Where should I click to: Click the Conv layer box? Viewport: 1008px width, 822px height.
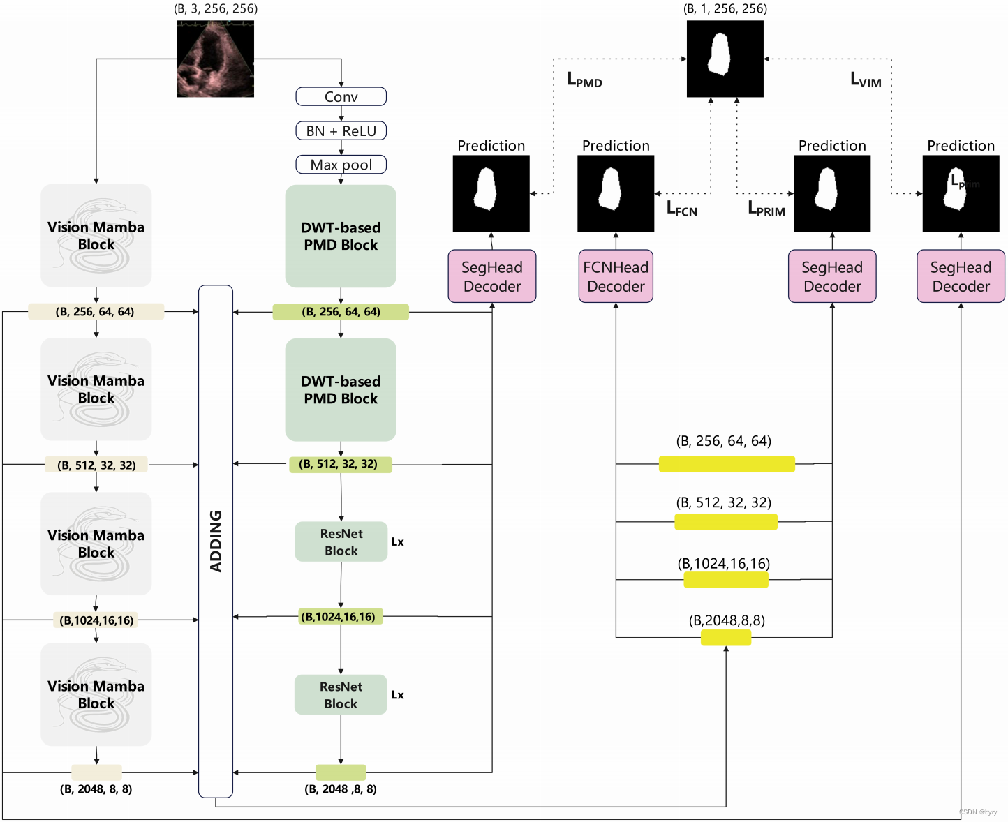click(341, 96)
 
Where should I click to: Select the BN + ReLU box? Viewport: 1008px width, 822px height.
click(341, 130)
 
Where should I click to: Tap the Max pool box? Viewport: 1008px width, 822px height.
click(341, 165)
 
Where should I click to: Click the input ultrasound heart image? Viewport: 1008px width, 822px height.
click(215, 59)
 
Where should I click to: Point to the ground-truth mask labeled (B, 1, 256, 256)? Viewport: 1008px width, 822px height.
click(725, 59)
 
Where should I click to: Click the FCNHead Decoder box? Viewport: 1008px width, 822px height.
click(616, 276)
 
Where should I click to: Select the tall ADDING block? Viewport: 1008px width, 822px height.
click(216, 541)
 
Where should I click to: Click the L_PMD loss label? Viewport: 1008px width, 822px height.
click(584, 80)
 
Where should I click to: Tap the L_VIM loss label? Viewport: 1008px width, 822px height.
click(866, 80)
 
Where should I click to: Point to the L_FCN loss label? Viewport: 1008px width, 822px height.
click(681, 209)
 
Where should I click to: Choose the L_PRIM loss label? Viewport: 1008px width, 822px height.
click(766, 209)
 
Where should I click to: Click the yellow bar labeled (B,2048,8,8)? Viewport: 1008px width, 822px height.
click(726, 637)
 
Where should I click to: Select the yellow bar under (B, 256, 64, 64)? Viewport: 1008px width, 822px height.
click(727, 464)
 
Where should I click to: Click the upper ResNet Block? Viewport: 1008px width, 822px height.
click(341, 541)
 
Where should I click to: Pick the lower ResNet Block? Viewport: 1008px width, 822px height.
click(341, 694)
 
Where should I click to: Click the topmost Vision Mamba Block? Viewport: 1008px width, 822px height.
click(96, 235)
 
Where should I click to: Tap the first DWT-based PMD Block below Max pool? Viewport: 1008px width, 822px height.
click(341, 236)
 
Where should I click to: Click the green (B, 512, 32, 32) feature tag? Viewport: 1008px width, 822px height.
click(341, 464)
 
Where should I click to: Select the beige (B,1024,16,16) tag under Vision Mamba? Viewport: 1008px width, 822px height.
click(96, 620)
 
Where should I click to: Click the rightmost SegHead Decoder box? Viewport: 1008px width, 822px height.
click(961, 276)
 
